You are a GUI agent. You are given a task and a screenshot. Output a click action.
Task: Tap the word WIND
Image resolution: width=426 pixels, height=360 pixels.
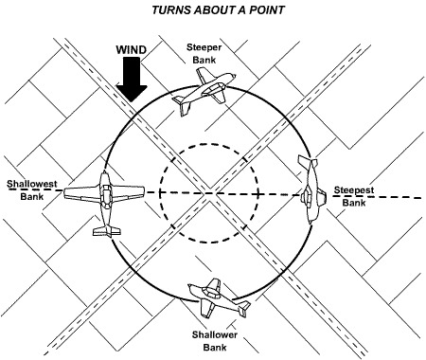[x=132, y=48]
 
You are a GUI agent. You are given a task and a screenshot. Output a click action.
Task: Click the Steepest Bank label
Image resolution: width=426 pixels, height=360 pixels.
[x=353, y=195]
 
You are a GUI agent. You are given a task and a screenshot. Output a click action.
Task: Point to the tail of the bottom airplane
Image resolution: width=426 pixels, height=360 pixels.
[x=243, y=309]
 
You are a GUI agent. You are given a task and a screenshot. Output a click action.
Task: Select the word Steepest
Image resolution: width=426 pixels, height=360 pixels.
[x=353, y=189]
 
